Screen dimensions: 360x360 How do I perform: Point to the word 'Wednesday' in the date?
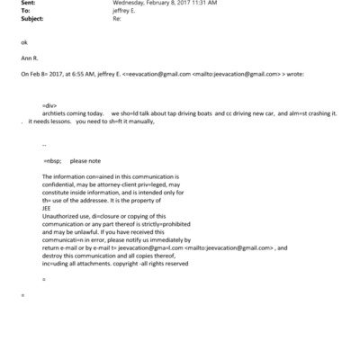click(x=129, y=4)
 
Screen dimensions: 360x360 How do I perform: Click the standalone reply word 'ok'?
click(x=23, y=42)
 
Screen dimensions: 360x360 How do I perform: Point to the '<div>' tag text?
click(x=49, y=105)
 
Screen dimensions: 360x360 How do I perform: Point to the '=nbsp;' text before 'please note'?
click(x=51, y=159)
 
